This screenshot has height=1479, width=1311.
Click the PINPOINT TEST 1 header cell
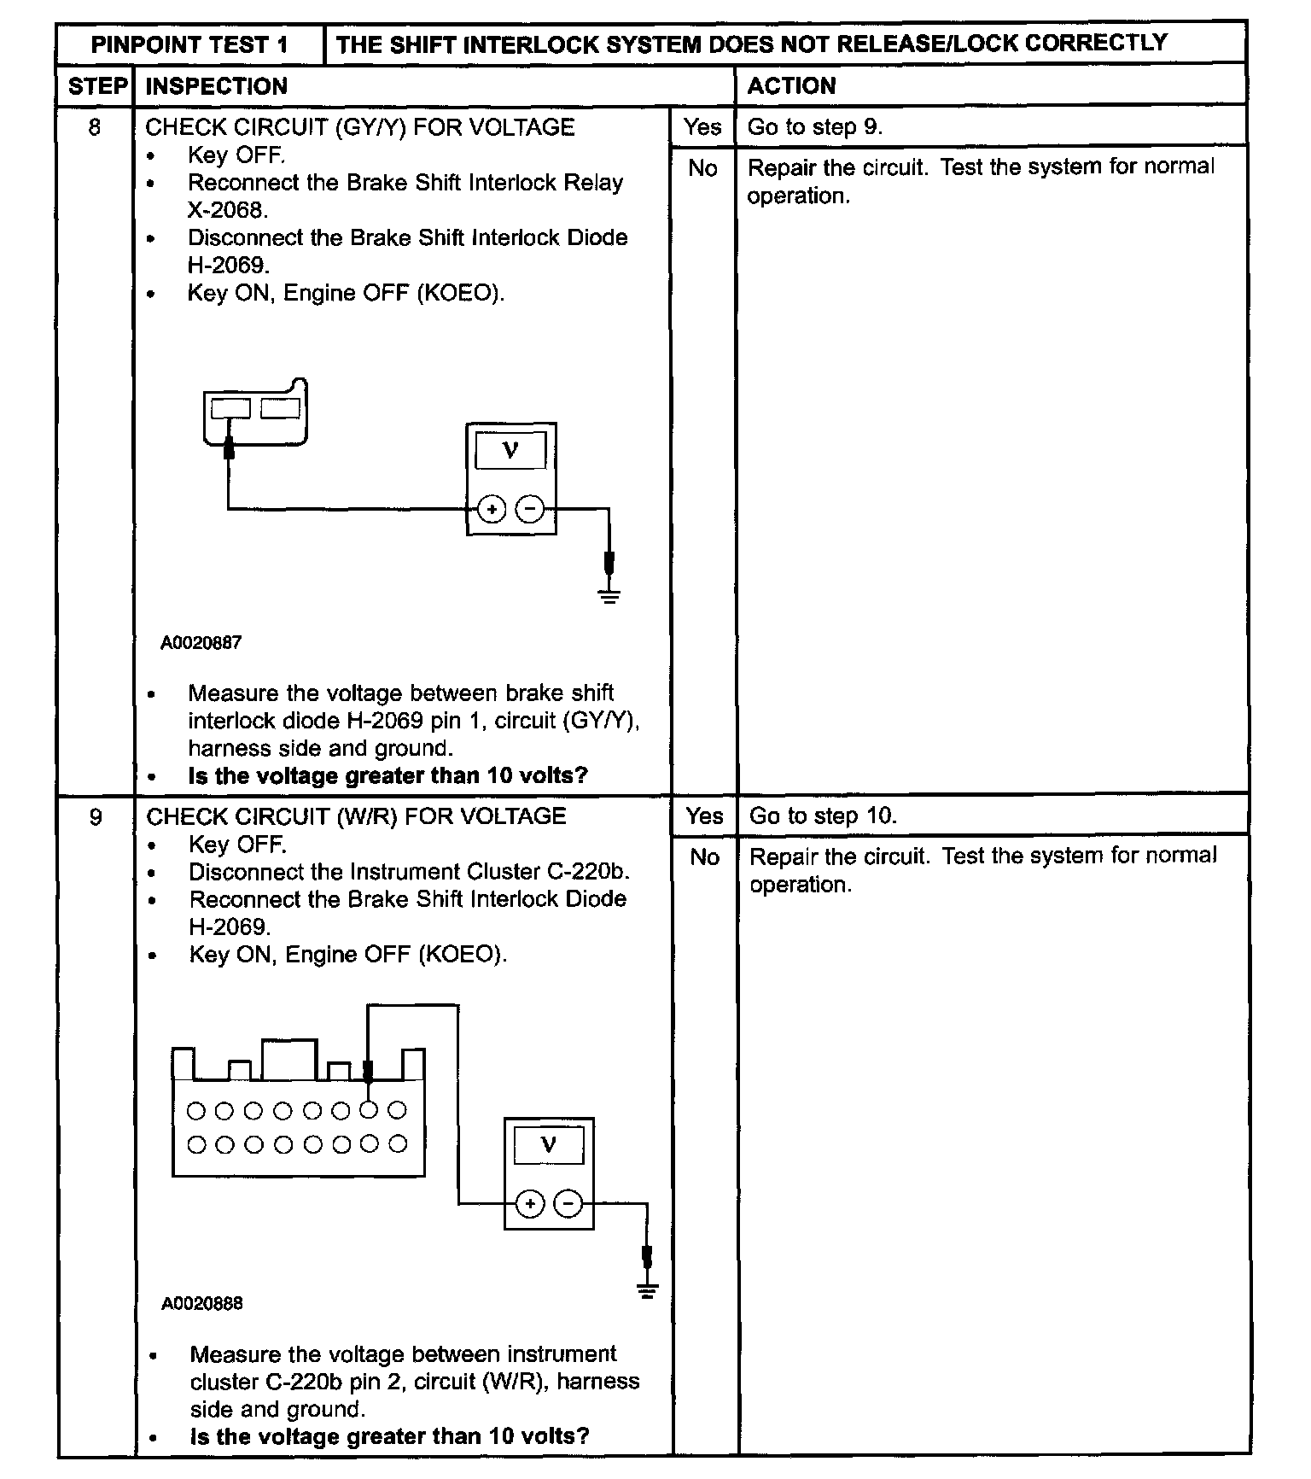pos(189,44)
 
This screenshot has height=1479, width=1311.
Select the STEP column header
pos(96,86)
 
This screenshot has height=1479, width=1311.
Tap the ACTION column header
pos(791,85)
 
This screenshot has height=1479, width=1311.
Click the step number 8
pos(94,128)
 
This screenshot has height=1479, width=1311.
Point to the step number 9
pos(96,817)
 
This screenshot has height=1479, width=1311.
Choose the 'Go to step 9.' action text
pos(814,127)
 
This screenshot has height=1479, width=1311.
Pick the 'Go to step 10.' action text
pos(822,815)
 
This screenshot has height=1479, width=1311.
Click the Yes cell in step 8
pos(702,127)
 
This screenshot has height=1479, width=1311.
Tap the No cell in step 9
pos(704,856)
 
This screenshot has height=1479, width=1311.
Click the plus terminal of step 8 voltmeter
pos(491,510)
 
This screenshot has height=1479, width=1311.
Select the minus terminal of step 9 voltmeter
pos(568,1204)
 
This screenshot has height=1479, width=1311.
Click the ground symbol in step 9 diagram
pos(647,1289)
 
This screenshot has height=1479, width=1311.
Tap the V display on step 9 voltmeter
pos(549,1144)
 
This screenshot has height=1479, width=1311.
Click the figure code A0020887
pos(201,643)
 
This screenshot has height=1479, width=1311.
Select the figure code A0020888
pos(202,1304)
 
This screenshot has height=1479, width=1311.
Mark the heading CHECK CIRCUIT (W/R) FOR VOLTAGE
pos(356,816)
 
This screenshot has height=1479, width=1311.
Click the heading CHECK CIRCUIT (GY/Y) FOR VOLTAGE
pos(359,127)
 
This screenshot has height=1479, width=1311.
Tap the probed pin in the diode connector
pos(230,409)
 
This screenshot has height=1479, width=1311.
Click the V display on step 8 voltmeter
pos(510,450)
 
